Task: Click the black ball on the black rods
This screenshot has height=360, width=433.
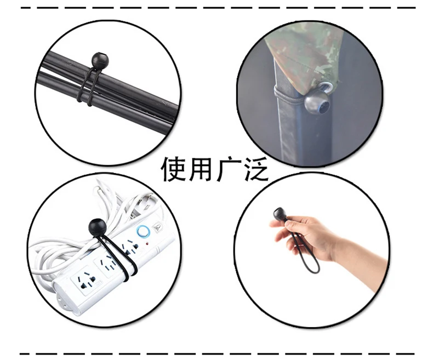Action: point(100,60)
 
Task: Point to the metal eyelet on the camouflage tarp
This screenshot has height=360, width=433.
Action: point(327,87)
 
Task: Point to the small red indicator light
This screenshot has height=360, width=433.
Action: point(147,244)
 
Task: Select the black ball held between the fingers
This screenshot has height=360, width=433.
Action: point(280,213)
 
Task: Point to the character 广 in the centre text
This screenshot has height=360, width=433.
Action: point(228,169)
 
